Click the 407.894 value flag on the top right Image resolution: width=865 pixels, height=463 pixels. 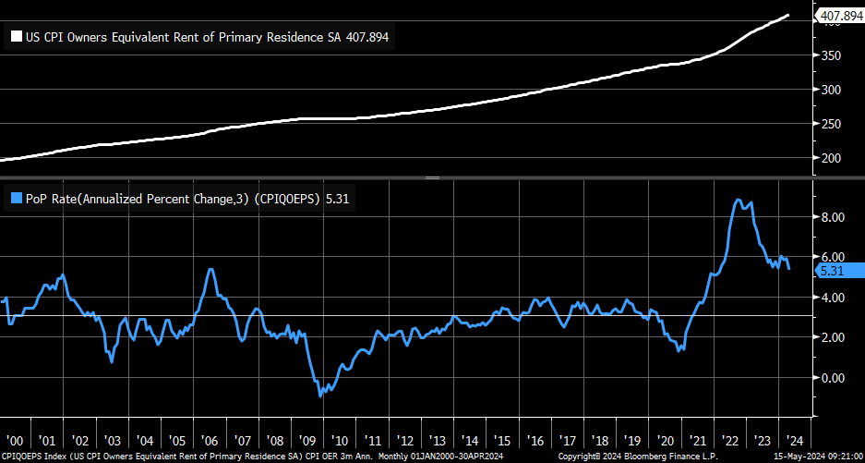coord(839,16)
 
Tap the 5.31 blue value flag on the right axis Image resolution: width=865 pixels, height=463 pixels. coord(833,271)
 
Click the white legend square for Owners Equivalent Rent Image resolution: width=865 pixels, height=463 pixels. coord(16,38)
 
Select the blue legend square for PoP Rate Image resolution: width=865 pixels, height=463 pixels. coord(16,197)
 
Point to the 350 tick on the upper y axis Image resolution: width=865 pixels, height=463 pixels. coord(832,56)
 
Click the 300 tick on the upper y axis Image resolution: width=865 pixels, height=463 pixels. coord(832,90)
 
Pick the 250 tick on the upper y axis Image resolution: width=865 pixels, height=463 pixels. coord(832,124)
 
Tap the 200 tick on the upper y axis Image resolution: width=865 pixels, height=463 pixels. coord(832,158)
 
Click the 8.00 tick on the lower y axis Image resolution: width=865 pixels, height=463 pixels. coord(834,217)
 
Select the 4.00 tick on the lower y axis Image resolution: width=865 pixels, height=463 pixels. coord(834,298)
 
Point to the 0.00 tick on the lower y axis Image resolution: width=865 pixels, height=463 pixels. coord(834,378)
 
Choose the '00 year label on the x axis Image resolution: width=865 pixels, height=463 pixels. coord(16,441)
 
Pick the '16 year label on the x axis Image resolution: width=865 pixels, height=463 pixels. coord(535,441)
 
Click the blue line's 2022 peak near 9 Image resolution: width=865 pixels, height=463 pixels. coord(737,200)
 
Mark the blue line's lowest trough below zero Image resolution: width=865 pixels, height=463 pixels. coord(320,396)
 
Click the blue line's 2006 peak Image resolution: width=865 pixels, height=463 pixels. coord(211,269)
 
